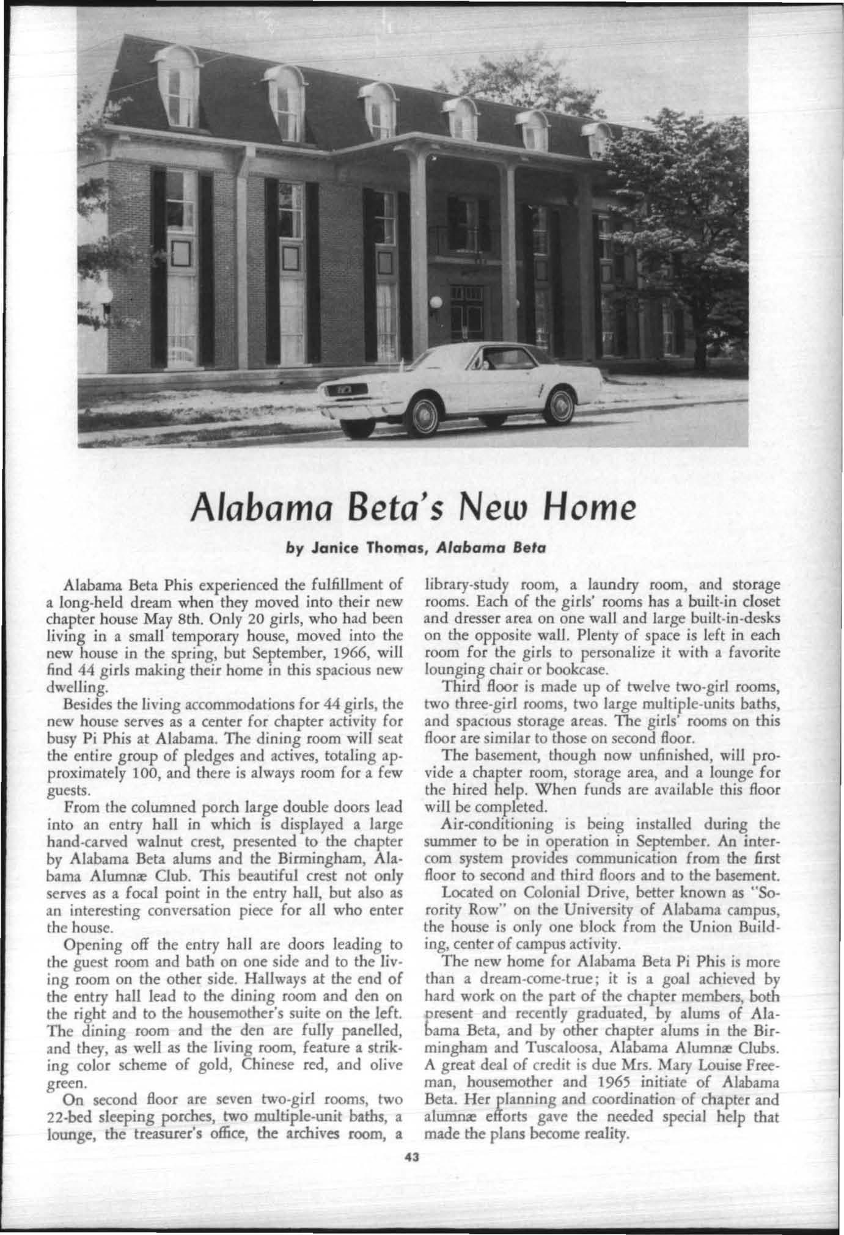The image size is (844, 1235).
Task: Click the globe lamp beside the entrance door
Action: tap(435, 302)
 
